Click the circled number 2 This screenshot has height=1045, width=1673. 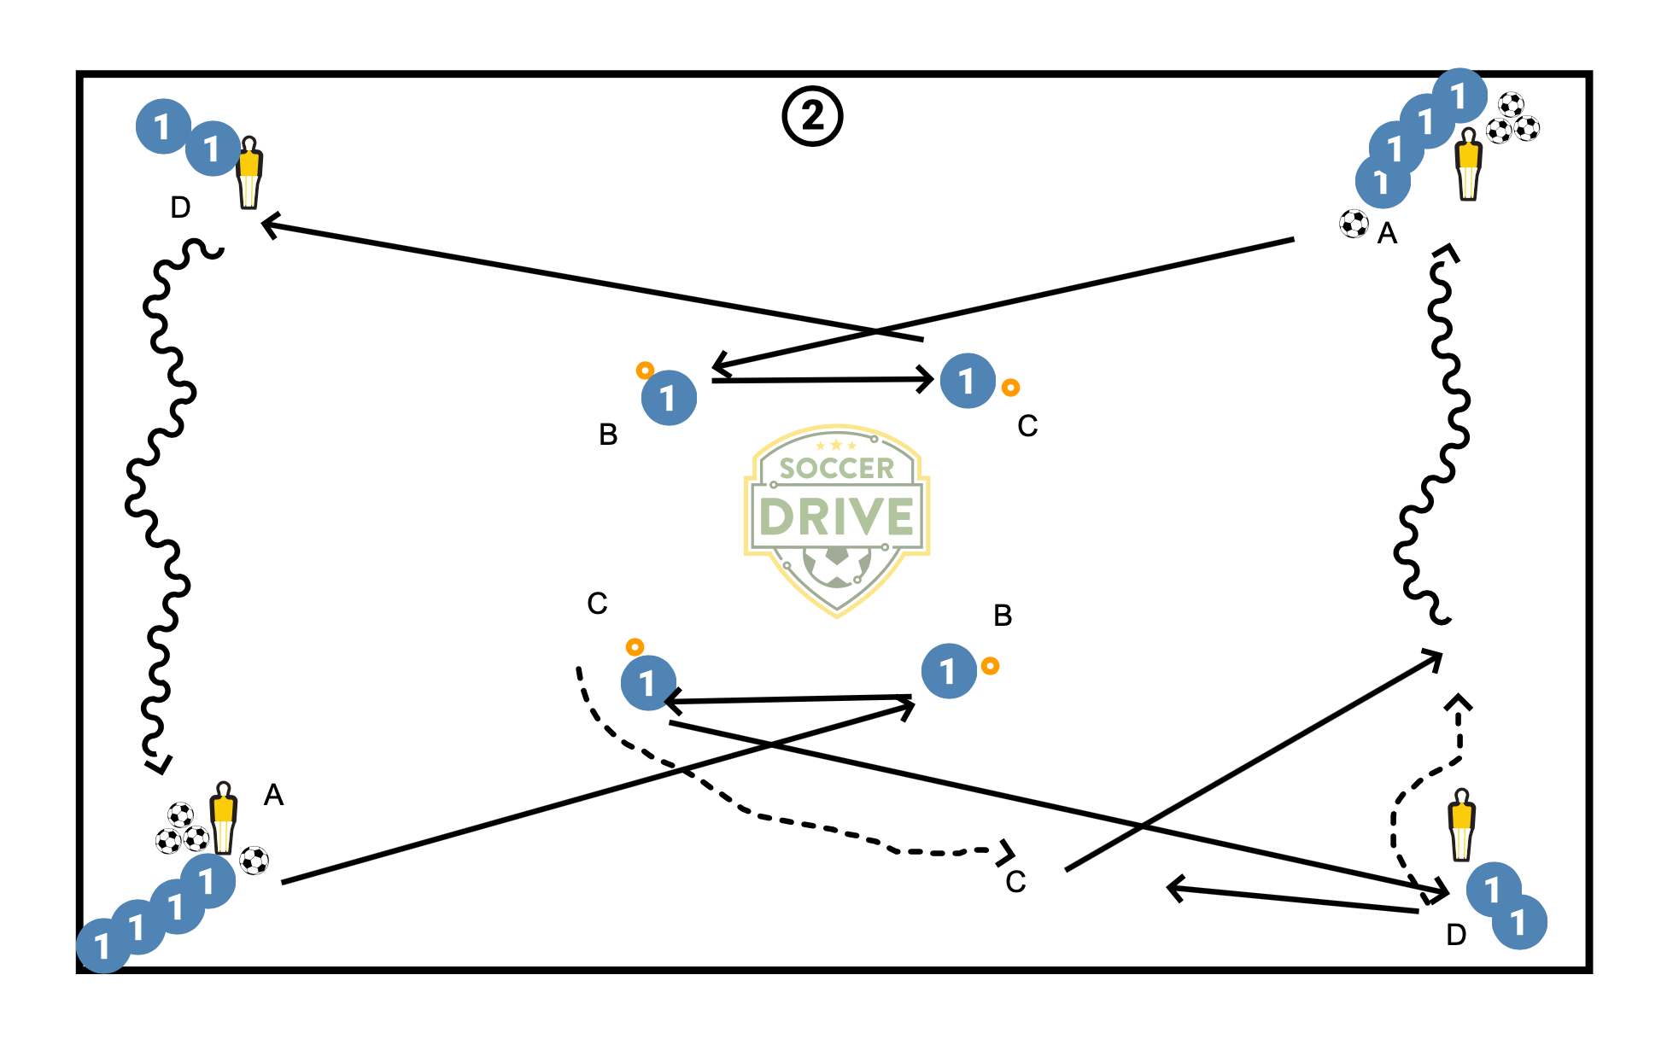[x=812, y=116]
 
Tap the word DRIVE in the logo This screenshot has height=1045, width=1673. [x=836, y=517]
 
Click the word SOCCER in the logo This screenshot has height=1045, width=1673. [x=836, y=468]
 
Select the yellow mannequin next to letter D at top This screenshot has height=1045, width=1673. [x=249, y=172]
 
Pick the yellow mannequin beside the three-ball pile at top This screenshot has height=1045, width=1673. [x=1468, y=164]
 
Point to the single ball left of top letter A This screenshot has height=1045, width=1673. [x=1354, y=224]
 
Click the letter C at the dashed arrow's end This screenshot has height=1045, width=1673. [x=1015, y=882]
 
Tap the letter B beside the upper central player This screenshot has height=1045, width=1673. [x=608, y=435]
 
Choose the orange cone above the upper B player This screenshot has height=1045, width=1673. [x=645, y=371]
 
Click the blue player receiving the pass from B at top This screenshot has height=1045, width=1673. [x=968, y=381]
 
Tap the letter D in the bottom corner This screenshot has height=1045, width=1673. [x=1456, y=935]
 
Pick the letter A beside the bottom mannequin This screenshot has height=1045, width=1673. [x=273, y=795]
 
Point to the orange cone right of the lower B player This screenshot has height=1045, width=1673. [x=990, y=666]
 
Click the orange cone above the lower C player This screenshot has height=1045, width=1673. [x=635, y=647]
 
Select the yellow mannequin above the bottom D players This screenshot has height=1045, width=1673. [x=1461, y=825]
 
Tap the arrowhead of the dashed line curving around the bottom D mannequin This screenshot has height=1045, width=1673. [x=1459, y=703]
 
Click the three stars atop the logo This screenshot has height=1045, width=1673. [x=835, y=445]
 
